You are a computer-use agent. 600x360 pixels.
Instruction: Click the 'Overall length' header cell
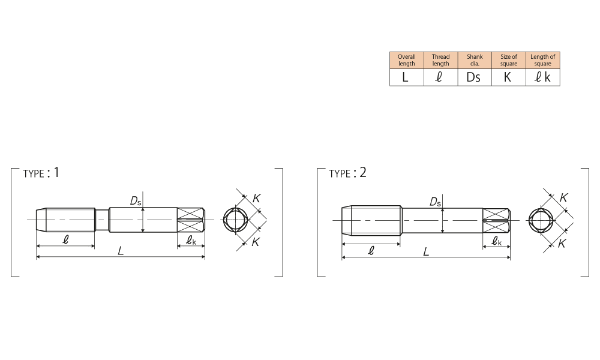[x=406, y=60]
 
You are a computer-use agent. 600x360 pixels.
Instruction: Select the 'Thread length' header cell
[x=440, y=60]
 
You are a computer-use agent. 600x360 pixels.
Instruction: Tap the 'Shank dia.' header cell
[x=475, y=60]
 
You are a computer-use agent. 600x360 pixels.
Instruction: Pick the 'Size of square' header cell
[x=509, y=60]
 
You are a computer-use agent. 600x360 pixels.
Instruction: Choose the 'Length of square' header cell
[x=542, y=60]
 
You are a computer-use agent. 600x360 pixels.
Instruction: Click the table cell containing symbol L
[x=406, y=77]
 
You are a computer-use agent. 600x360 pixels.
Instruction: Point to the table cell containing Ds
[x=475, y=77]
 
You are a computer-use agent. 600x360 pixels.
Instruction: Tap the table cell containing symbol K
[x=509, y=77]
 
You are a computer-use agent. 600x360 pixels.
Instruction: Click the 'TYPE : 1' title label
[x=41, y=173]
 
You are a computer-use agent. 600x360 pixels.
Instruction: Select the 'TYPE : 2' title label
[x=347, y=173]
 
